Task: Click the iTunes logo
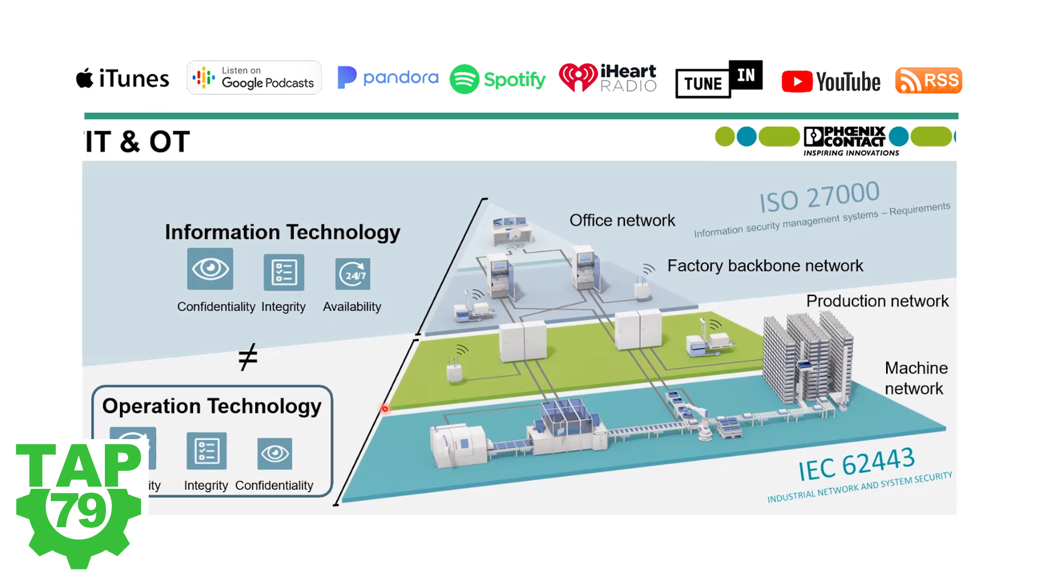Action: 123,79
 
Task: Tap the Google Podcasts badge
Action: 254,78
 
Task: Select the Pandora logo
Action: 388,77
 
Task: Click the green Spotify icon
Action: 464,79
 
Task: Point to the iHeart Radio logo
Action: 608,78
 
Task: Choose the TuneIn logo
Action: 718,79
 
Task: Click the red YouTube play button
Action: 797,82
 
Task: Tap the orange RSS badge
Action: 928,81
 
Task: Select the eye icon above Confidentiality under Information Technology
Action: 210,269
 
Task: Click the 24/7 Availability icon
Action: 352,274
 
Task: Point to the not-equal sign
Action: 248,357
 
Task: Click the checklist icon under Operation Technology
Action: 207,451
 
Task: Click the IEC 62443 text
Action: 856,464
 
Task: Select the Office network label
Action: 622,221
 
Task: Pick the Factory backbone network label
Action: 764,266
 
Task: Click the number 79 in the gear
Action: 79,510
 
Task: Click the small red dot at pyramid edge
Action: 385,409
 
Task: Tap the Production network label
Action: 877,301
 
